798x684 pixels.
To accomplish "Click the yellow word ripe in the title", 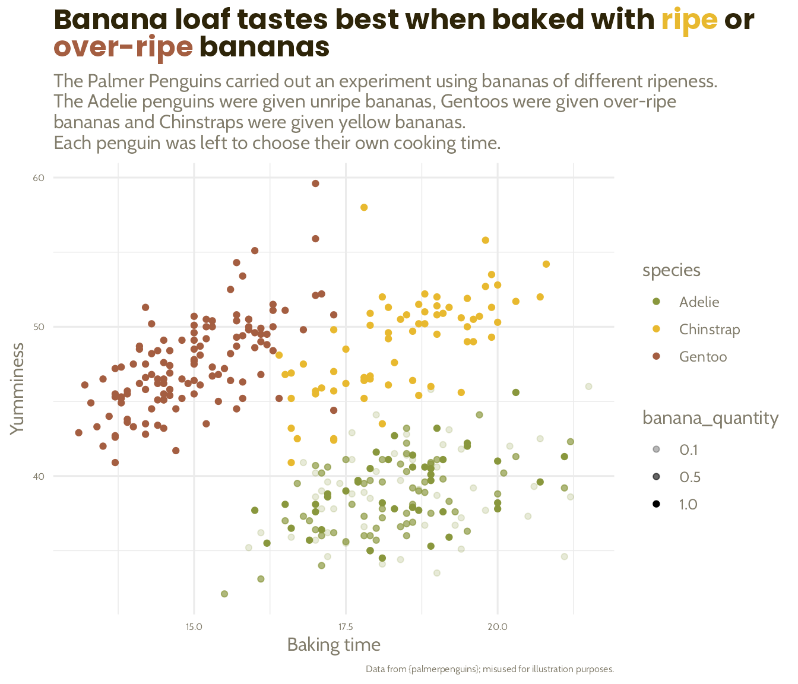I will point(689,20).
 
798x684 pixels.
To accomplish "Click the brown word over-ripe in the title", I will point(123,47).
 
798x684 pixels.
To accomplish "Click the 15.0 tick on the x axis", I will point(194,627).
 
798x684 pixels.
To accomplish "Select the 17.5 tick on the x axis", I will point(346,627).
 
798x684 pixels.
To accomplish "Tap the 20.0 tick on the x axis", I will point(498,627).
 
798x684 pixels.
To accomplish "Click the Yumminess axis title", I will point(17,388).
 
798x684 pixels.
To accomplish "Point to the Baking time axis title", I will point(334,645).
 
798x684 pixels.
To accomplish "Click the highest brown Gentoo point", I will point(315,183).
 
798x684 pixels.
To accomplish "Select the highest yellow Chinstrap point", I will point(364,207).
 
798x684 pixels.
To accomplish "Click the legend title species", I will point(671,271).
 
